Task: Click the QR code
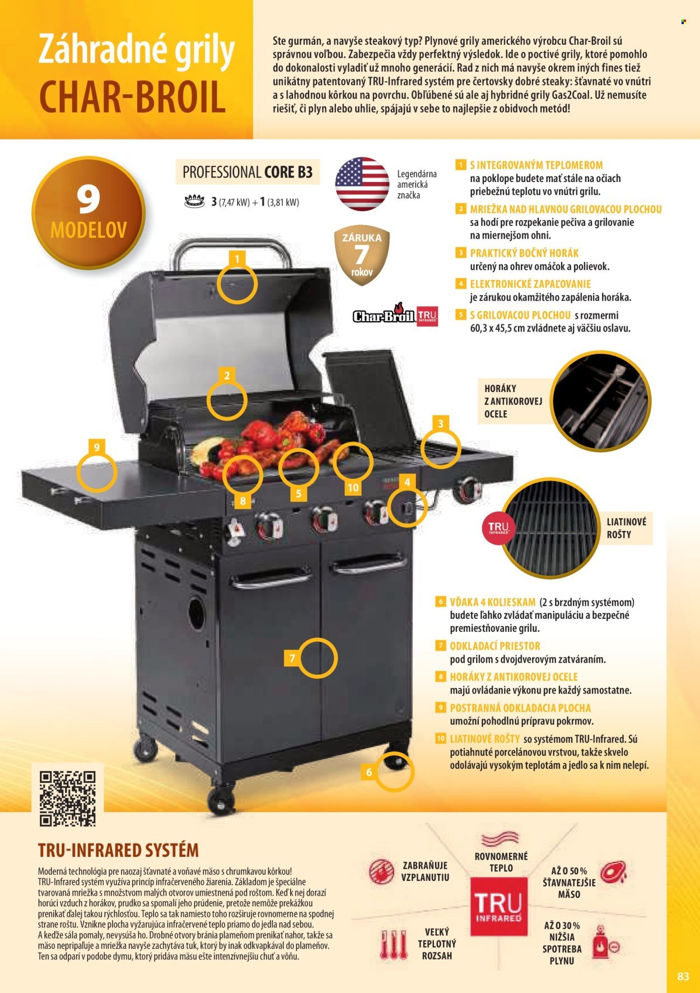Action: coord(67,799)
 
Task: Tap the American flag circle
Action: coord(362,184)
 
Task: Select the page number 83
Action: coord(683,976)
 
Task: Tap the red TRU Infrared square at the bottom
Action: coord(498,906)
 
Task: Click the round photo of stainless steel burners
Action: coord(601,402)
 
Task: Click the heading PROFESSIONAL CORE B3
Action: coord(248,172)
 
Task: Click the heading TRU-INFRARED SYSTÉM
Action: coord(118,850)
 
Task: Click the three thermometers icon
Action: coord(393,945)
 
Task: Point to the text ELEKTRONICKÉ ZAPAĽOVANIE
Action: coord(530,284)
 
